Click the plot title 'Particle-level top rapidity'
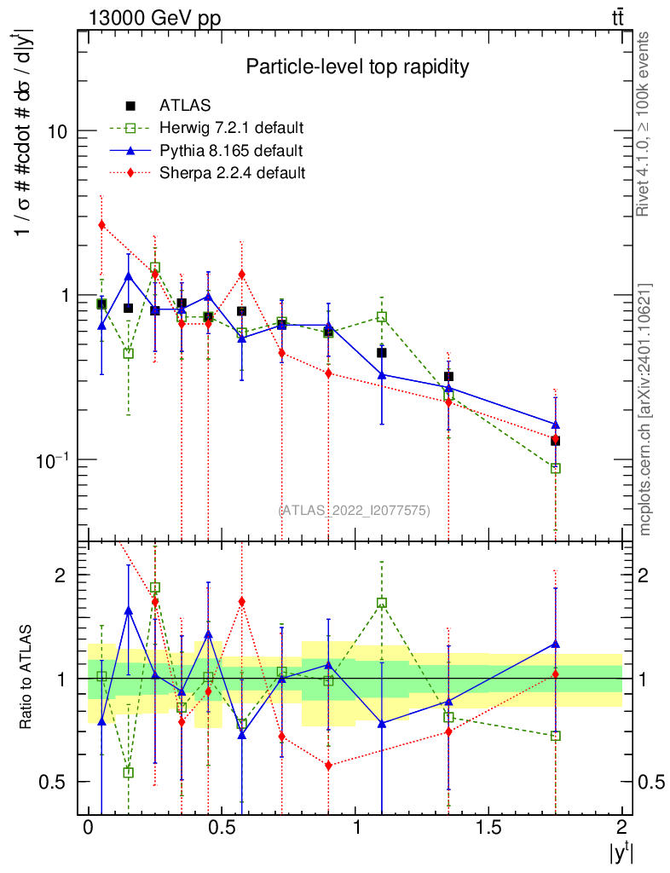[x=357, y=66]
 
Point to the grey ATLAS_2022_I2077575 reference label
[x=354, y=510]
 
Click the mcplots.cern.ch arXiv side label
[x=645, y=409]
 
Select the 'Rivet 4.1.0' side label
[x=645, y=124]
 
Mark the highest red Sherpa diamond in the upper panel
[x=101, y=225]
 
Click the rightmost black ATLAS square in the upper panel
[x=555, y=441]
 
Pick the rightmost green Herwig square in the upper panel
[x=555, y=468]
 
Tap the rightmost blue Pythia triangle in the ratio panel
[x=555, y=644]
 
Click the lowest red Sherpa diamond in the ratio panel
[x=328, y=766]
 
